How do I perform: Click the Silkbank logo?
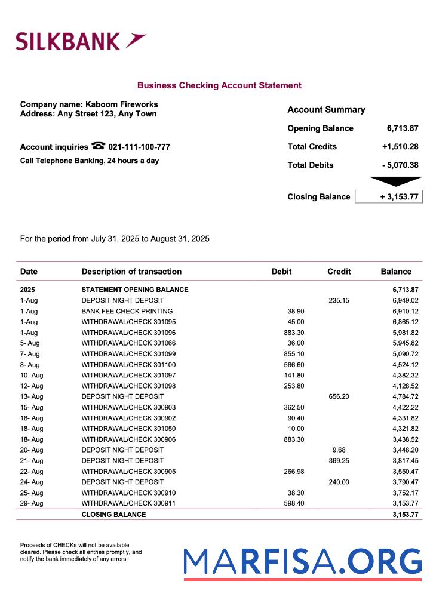click(x=81, y=41)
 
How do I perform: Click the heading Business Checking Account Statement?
click(x=219, y=85)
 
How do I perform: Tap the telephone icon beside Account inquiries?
click(x=99, y=146)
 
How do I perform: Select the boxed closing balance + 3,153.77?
click(x=389, y=197)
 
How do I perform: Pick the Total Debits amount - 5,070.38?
click(x=400, y=165)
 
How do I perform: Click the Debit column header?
click(x=281, y=272)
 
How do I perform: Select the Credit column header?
click(x=339, y=272)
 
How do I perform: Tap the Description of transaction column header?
click(x=131, y=272)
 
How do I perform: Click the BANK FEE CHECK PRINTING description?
click(x=127, y=311)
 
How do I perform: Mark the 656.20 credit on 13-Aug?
click(x=339, y=396)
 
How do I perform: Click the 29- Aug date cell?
click(x=32, y=503)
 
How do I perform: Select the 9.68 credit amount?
click(x=339, y=450)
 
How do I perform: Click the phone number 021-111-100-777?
click(x=139, y=147)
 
